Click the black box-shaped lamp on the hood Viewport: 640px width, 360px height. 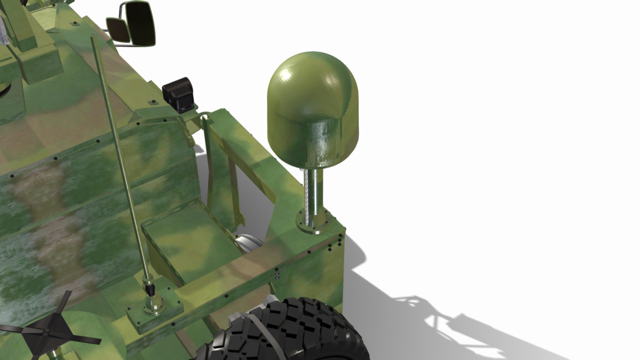179,95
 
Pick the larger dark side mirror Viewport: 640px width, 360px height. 140,23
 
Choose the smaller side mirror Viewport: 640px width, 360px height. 118,30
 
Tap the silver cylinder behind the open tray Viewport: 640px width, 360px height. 249,243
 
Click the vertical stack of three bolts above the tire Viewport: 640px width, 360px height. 277,273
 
